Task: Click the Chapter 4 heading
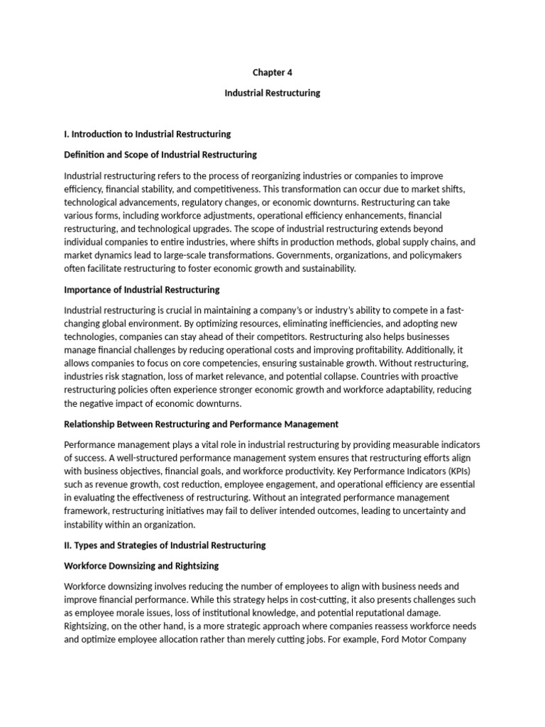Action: tap(272, 72)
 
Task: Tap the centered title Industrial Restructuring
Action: tap(272, 93)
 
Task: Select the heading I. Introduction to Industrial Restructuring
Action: tap(147, 133)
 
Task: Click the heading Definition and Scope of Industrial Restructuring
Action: tap(160, 154)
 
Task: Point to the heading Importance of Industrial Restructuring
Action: tap(142, 290)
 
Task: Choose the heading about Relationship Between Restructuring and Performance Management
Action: tap(201, 425)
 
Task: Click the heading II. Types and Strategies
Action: tap(165, 545)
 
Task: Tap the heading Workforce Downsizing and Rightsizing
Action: tap(141, 566)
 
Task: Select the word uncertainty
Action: tap(424, 511)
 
